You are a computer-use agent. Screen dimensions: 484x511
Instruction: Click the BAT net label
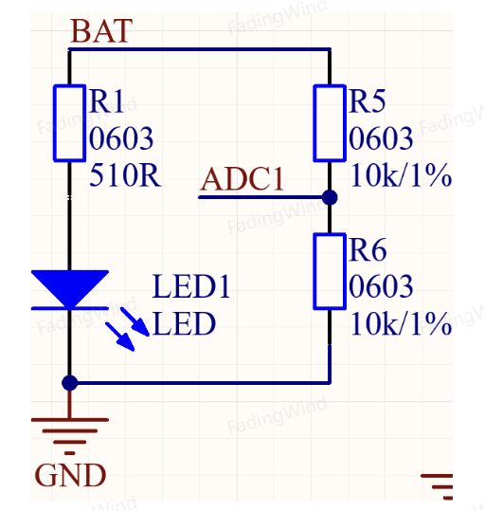tap(101, 31)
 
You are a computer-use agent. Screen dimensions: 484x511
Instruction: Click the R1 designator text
tap(106, 101)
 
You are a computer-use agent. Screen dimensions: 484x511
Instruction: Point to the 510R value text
tap(125, 175)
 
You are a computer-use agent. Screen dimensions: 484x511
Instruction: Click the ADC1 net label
tap(242, 178)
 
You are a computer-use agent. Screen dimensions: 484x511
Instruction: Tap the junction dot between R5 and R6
tap(330, 197)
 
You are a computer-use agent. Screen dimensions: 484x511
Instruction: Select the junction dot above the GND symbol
tap(70, 383)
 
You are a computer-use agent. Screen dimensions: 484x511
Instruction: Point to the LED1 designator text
tap(191, 286)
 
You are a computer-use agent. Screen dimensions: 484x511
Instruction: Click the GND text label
tap(70, 475)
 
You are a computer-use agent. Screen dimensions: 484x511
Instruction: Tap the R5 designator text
tap(367, 101)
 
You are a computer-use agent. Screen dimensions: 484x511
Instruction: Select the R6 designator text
tap(367, 249)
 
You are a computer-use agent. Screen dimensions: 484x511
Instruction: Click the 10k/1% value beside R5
tap(401, 175)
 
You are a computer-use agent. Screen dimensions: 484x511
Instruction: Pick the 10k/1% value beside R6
tap(401, 323)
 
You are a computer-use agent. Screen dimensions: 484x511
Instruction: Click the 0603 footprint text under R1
tap(120, 138)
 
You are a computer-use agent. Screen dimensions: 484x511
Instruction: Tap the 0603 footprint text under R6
tap(381, 286)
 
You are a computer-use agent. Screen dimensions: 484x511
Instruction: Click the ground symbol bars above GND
tap(70, 436)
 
